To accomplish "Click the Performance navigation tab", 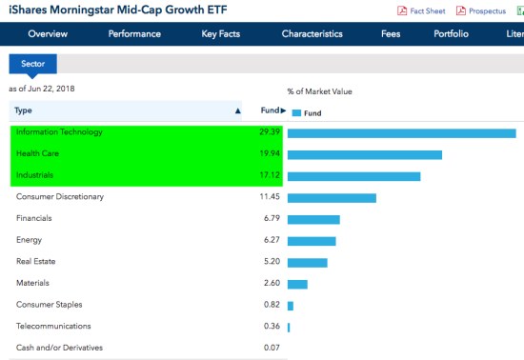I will [x=134, y=34].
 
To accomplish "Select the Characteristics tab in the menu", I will [x=312, y=34].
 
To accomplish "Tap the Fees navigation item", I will [x=391, y=34].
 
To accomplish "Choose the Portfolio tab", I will [x=451, y=34].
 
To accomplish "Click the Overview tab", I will [x=48, y=34].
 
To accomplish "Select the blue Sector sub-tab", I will [x=33, y=64].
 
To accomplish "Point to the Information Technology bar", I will [x=401, y=132].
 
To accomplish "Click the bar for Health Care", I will [x=365, y=154].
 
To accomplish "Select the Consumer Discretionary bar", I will [x=332, y=198].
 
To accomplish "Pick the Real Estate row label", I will [x=35, y=262].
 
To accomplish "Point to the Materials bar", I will [x=297, y=284].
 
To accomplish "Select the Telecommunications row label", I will [x=52, y=326].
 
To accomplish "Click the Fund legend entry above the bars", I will [x=307, y=112].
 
